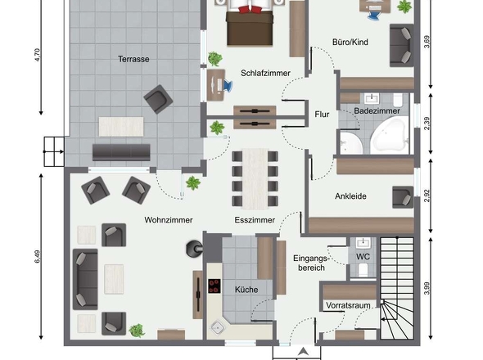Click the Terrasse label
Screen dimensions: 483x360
click(x=133, y=59)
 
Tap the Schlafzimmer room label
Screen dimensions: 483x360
click(x=265, y=74)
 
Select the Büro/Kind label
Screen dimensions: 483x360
click(x=350, y=42)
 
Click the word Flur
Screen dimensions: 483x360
click(x=322, y=115)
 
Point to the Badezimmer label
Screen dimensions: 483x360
click(x=377, y=111)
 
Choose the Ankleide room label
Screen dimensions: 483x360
click(x=350, y=196)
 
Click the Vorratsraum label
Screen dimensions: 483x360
click(x=348, y=305)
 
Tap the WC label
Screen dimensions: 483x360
click(x=363, y=257)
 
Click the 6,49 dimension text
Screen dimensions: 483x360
click(x=38, y=257)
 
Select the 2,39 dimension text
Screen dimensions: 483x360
click(x=427, y=124)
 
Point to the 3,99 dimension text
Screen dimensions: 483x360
click(x=427, y=288)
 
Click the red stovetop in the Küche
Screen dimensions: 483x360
click(x=214, y=286)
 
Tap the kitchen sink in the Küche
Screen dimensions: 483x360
click(x=218, y=327)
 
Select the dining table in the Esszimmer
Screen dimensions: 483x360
click(x=255, y=178)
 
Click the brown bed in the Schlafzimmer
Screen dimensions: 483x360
click(x=250, y=26)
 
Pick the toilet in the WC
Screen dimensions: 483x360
click(x=363, y=270)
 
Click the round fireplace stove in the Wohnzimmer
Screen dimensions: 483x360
click(x=194, y=249)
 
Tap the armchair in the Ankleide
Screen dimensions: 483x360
click(x=403, y=197)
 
